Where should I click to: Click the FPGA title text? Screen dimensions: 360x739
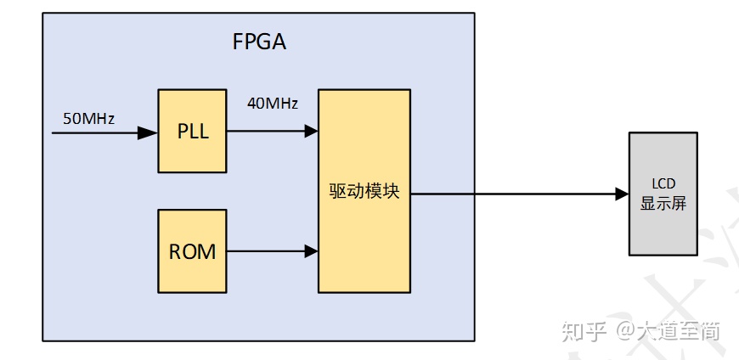[x=260, y=42]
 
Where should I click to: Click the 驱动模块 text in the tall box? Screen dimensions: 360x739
[x=364, y=192]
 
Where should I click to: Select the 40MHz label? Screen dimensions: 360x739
[x=272, y=104]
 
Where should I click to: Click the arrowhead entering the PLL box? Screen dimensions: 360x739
[x=149, y=132]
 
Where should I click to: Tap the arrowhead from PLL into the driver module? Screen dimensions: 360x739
[x=310, y=131]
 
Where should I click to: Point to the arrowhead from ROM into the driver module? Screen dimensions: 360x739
[x=310, y=251]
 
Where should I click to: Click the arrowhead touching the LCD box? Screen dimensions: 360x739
[x=620, y=194]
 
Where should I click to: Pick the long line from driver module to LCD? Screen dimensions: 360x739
[x=510, y=194]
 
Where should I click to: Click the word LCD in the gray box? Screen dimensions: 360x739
[x=663, y=184]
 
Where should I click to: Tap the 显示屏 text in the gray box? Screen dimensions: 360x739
[x=663, y=204]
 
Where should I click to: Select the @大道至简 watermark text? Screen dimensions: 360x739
[x=668, y=330]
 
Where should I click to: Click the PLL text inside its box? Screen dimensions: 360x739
[x=193, y=132]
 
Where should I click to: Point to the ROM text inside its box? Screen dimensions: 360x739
[x=193, y=252]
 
